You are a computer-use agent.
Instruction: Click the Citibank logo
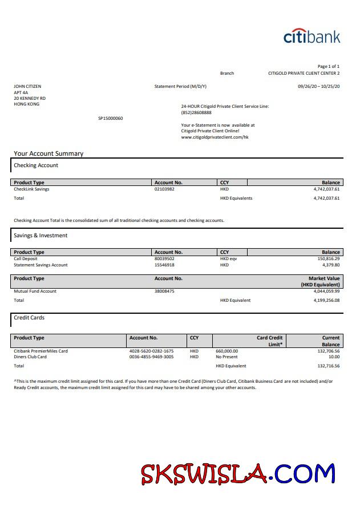point(312,37)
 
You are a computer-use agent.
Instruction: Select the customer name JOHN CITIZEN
point(27,87)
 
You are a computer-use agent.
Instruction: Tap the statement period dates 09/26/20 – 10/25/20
point(318,86)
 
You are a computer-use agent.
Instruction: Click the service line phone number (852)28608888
point(196,112)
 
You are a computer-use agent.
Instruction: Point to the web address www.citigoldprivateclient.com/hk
point(215,137)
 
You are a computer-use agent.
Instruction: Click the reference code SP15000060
point(110,118)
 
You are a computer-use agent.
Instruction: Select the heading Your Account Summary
point(48,153)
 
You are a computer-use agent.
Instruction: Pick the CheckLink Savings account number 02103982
point(164,189)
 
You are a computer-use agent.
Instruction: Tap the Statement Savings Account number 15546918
point(164,265)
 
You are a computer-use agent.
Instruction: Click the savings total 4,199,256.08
point(326,300)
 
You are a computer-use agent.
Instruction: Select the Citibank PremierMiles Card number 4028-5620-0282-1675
point(152,351)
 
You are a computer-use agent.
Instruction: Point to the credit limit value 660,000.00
point(226,351)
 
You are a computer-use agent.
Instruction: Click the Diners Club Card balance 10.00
point(334,357)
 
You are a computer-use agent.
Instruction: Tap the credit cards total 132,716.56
point(328,366)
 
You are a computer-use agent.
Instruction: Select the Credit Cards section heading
point(29,317)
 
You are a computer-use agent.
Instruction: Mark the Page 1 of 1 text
point(328,66)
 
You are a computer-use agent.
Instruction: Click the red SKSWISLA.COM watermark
point(238,474)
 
